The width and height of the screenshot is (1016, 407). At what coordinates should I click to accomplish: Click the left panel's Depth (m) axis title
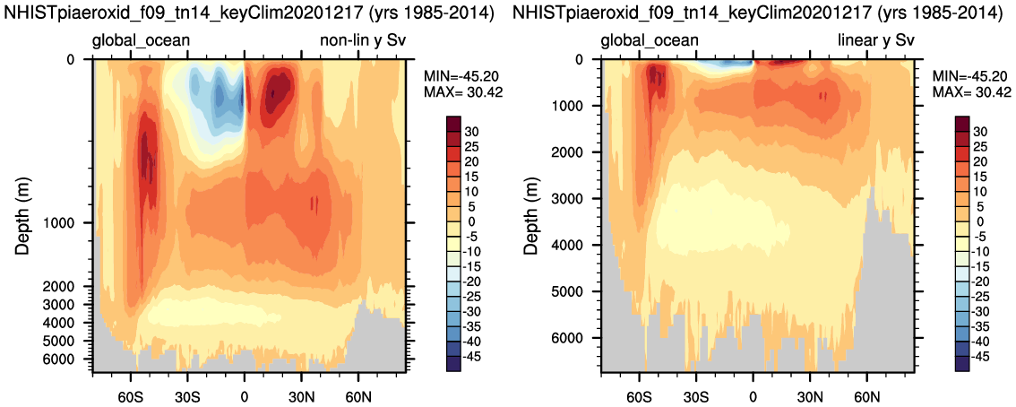click(24, 212)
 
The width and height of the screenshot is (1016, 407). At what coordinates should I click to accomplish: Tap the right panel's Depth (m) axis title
click(532, 212)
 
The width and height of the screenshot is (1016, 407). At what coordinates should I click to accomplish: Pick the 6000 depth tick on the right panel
click(575, 338)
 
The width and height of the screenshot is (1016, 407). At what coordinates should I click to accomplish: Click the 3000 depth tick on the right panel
click(575, 199)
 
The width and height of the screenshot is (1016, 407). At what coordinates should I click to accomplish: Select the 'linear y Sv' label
click(875, 40)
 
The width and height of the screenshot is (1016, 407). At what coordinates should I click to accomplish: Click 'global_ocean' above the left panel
click(139, 40)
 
